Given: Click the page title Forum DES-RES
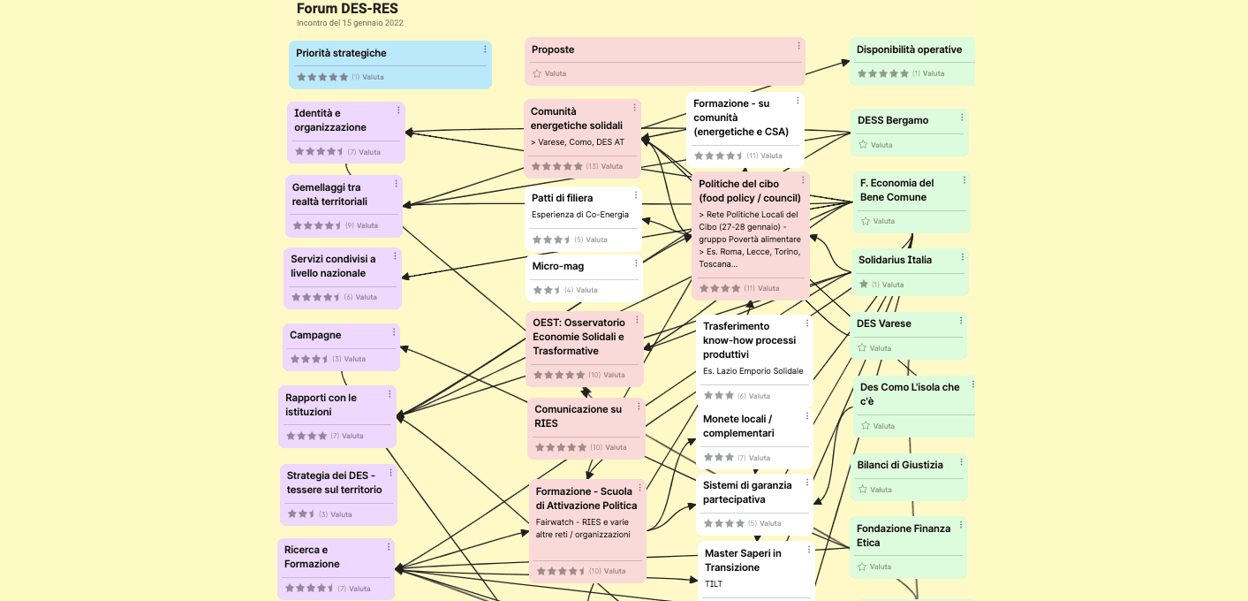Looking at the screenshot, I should (347, 9).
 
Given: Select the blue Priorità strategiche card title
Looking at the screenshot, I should (341, 53).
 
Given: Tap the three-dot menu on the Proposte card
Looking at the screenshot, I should (799, 46).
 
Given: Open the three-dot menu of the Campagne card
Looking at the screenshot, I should (394, 332).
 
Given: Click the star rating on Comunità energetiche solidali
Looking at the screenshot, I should (556, 166).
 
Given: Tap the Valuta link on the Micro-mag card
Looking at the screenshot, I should (586, 290).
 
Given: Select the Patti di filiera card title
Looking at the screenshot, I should (563, 198).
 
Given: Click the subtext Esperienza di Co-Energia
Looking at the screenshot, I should (580, 215).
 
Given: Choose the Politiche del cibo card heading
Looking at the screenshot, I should (750, 191).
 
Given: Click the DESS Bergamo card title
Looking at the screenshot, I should (893, 120).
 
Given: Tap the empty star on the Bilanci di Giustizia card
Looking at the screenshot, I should (863, 490).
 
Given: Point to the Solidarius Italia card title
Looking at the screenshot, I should (895, 260).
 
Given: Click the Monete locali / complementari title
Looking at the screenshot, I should (738, 426).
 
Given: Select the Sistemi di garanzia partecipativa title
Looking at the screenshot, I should (747, 492).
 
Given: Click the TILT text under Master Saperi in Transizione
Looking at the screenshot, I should (714, 584).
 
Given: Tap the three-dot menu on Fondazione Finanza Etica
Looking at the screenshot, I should (961, 525).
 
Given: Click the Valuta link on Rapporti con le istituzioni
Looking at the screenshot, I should (352, 436).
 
